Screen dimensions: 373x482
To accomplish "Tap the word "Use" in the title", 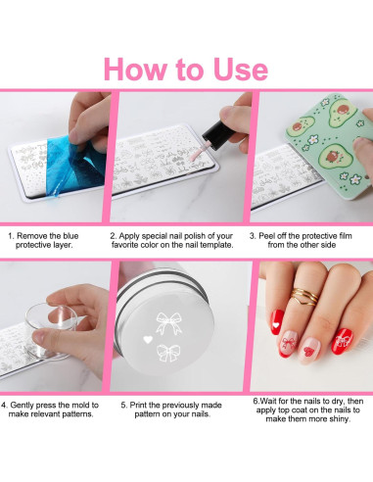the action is pos(240,70).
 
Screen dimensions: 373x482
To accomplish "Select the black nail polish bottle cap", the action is pos(216,134).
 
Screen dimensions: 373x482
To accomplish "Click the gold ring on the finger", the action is pos(304,297).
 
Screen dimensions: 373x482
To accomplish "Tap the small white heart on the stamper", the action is pos(148,340).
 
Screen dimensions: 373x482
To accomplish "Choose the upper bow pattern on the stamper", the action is pos(168,323).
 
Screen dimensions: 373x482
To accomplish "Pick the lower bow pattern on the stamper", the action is pos(167,354).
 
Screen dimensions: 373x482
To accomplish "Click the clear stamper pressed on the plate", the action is pos(51,330).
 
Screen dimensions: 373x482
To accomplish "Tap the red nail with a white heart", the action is pos(277,321).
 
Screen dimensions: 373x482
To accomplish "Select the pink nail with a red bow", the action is pos(289,343).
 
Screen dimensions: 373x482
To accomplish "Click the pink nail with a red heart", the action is pos(308,350).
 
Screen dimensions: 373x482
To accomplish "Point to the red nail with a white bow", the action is pos(342,341).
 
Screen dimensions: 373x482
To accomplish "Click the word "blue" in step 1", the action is pos(70,236).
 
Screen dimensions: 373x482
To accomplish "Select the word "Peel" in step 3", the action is pos(266,236).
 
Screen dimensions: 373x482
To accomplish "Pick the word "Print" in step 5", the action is pos(138,406).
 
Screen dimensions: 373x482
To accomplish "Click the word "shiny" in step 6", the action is pos(339,419).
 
